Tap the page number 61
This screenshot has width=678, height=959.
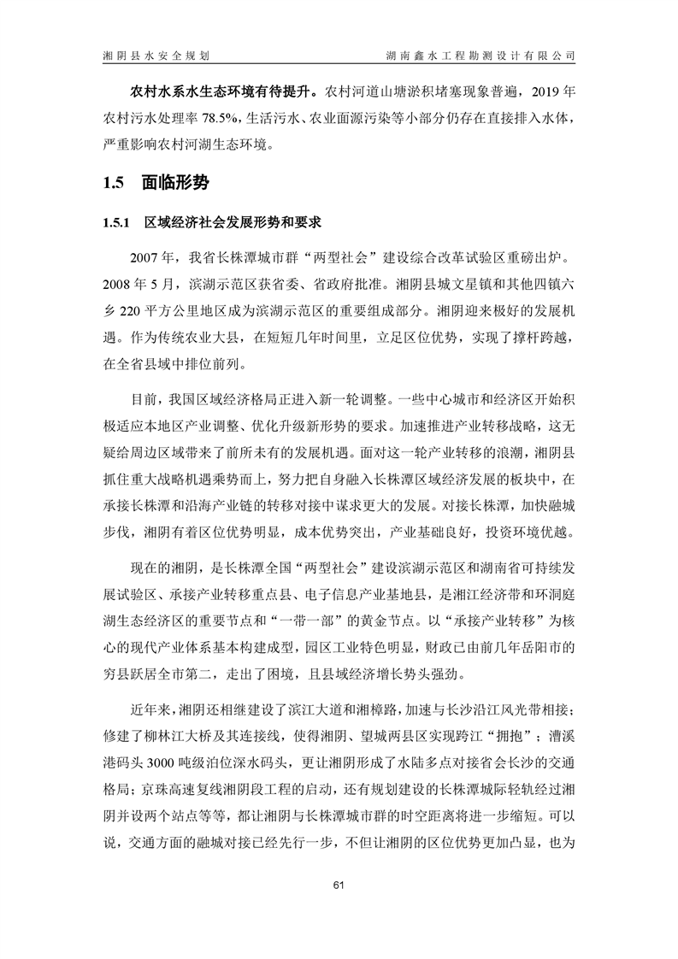339,885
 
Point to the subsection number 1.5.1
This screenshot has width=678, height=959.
115,224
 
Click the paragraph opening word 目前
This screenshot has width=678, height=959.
140,400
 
